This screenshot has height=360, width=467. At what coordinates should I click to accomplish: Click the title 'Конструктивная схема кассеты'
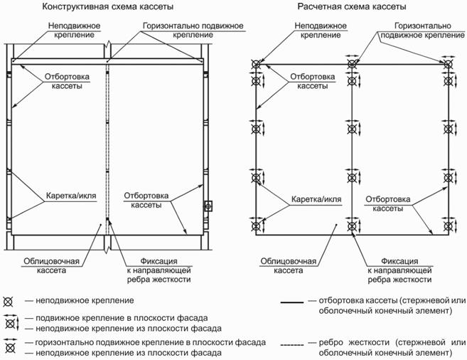[107, 6]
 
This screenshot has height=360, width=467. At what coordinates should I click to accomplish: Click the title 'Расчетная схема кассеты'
[352, 6]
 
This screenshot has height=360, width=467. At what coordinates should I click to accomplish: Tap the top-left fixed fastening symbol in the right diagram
[256, 64]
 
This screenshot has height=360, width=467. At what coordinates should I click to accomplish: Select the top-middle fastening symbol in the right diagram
[352, 64]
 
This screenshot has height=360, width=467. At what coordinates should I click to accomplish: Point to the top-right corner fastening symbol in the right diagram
[448, 64]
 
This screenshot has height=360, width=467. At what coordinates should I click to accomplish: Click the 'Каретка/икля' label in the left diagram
[71, 196]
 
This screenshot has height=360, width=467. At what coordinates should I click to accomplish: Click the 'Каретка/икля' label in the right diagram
[316, 199]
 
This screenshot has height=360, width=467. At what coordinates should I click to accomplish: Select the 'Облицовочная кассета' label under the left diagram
[51, 266]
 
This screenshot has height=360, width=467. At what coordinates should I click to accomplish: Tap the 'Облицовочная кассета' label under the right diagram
[289, 266]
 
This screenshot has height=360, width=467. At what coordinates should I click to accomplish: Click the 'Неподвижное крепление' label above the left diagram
[74, 31]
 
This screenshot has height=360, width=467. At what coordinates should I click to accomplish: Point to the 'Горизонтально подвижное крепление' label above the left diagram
[193, 31]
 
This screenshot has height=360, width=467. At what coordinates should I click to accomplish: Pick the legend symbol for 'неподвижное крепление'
[8, 302]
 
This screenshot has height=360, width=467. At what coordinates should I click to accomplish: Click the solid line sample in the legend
[292, 302]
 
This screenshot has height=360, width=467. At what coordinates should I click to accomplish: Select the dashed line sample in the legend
[292, 345]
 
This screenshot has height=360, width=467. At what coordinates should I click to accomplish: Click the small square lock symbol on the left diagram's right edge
[208, 206]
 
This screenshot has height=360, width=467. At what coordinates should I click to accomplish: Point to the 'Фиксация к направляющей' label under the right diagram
[399, 266]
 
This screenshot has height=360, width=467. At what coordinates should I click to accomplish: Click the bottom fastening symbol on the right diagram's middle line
[352, 226]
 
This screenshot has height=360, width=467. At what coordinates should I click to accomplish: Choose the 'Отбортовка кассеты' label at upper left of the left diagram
[67, 81]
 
